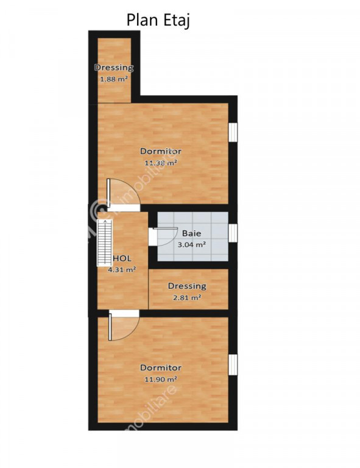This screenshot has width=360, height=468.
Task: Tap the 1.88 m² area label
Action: point(114,79)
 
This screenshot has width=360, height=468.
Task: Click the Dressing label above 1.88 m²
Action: point(114,68)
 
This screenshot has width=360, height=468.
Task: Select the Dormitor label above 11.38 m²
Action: point(161,151)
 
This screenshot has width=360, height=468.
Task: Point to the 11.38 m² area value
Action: point(161,163)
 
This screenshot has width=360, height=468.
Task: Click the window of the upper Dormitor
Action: point(233,132)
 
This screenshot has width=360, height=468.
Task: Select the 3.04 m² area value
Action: point(191,245)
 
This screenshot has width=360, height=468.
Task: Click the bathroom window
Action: point(233,233)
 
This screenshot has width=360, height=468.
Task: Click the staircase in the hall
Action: point(104,243)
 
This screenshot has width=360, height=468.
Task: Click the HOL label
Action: point(122,258)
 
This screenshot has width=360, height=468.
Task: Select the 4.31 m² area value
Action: point(122,270)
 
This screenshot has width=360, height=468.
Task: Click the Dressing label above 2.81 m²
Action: point(187,286)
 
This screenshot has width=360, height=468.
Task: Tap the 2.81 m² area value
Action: point(187,297)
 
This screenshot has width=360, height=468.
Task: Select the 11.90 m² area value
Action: point(161,380)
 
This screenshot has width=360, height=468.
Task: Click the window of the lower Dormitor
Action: point(233,365)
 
